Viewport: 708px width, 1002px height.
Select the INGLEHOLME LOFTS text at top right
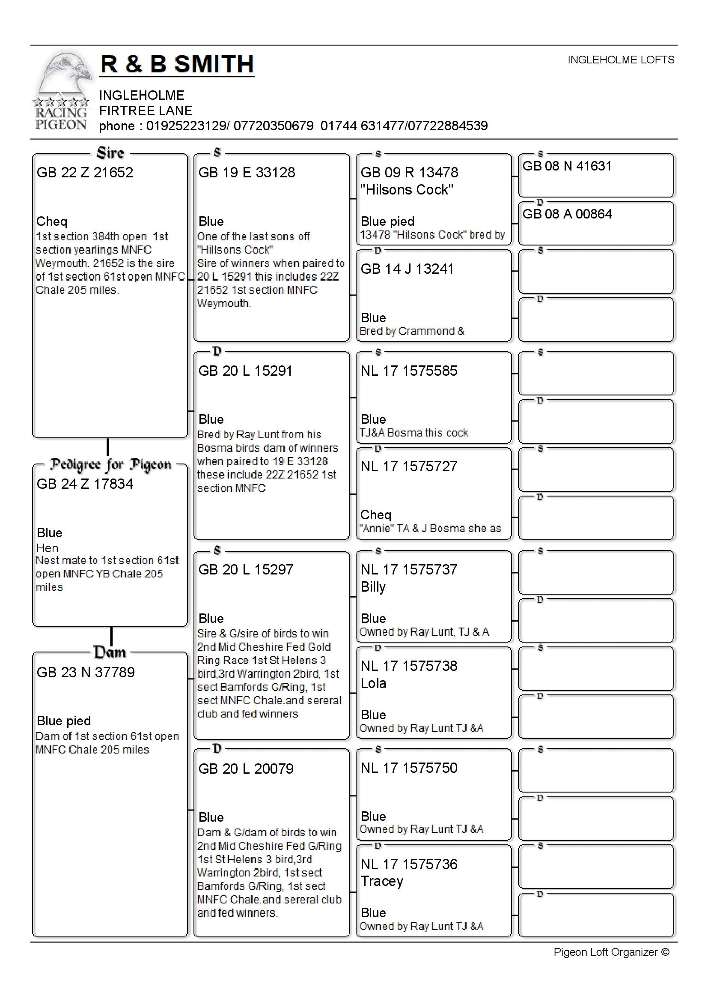[620, 60]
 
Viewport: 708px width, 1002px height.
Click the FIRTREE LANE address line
[146, 111]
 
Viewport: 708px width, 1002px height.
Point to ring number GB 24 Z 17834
[85, 484]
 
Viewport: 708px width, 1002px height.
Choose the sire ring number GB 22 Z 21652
[85, 172]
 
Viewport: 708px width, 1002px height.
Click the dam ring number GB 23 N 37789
[86, 672]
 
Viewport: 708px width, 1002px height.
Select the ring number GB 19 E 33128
[247, 172]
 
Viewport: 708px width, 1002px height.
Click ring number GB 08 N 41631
[567, 166]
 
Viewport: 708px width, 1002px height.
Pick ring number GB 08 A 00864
[567, 214]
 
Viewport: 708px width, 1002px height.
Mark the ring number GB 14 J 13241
[407, 269]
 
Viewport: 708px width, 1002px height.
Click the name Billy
[373, 587]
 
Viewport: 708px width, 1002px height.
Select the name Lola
[373, 683]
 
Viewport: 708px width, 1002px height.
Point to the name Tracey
[382, 881]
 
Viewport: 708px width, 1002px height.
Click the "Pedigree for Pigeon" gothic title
[110, 465]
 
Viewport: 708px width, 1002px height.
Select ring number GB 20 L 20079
[246, 769]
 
